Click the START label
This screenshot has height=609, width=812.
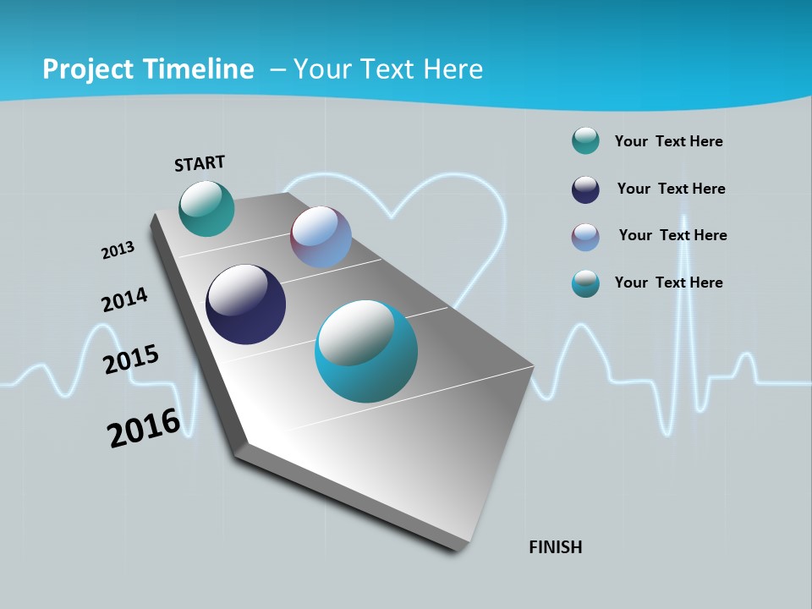click(x=200, y=163)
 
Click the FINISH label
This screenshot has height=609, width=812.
click(x=555, y=547)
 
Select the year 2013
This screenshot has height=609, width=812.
click(x=118, y=250)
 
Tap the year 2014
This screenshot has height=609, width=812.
click(x=124, y=300)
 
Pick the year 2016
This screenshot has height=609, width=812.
click(x=143, y=428)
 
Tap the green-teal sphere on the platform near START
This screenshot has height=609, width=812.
click(x=206, y=208)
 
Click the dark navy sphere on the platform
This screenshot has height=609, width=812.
click(x=245, y=304)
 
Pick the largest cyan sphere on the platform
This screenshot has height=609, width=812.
click(x=365, y=351)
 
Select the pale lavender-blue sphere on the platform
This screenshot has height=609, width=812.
click(x=321, y=237)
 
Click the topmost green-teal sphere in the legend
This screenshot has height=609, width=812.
click(x=585, y=141)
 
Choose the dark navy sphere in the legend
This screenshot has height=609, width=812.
click(x=585, y=189)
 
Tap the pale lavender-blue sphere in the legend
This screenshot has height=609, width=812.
click(x=585, y=237)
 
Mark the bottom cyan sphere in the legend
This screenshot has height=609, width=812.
click(x=585, y=283)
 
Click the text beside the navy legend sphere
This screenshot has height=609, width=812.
click(x=671, y=189)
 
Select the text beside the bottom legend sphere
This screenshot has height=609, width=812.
click(x=668, y=283)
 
